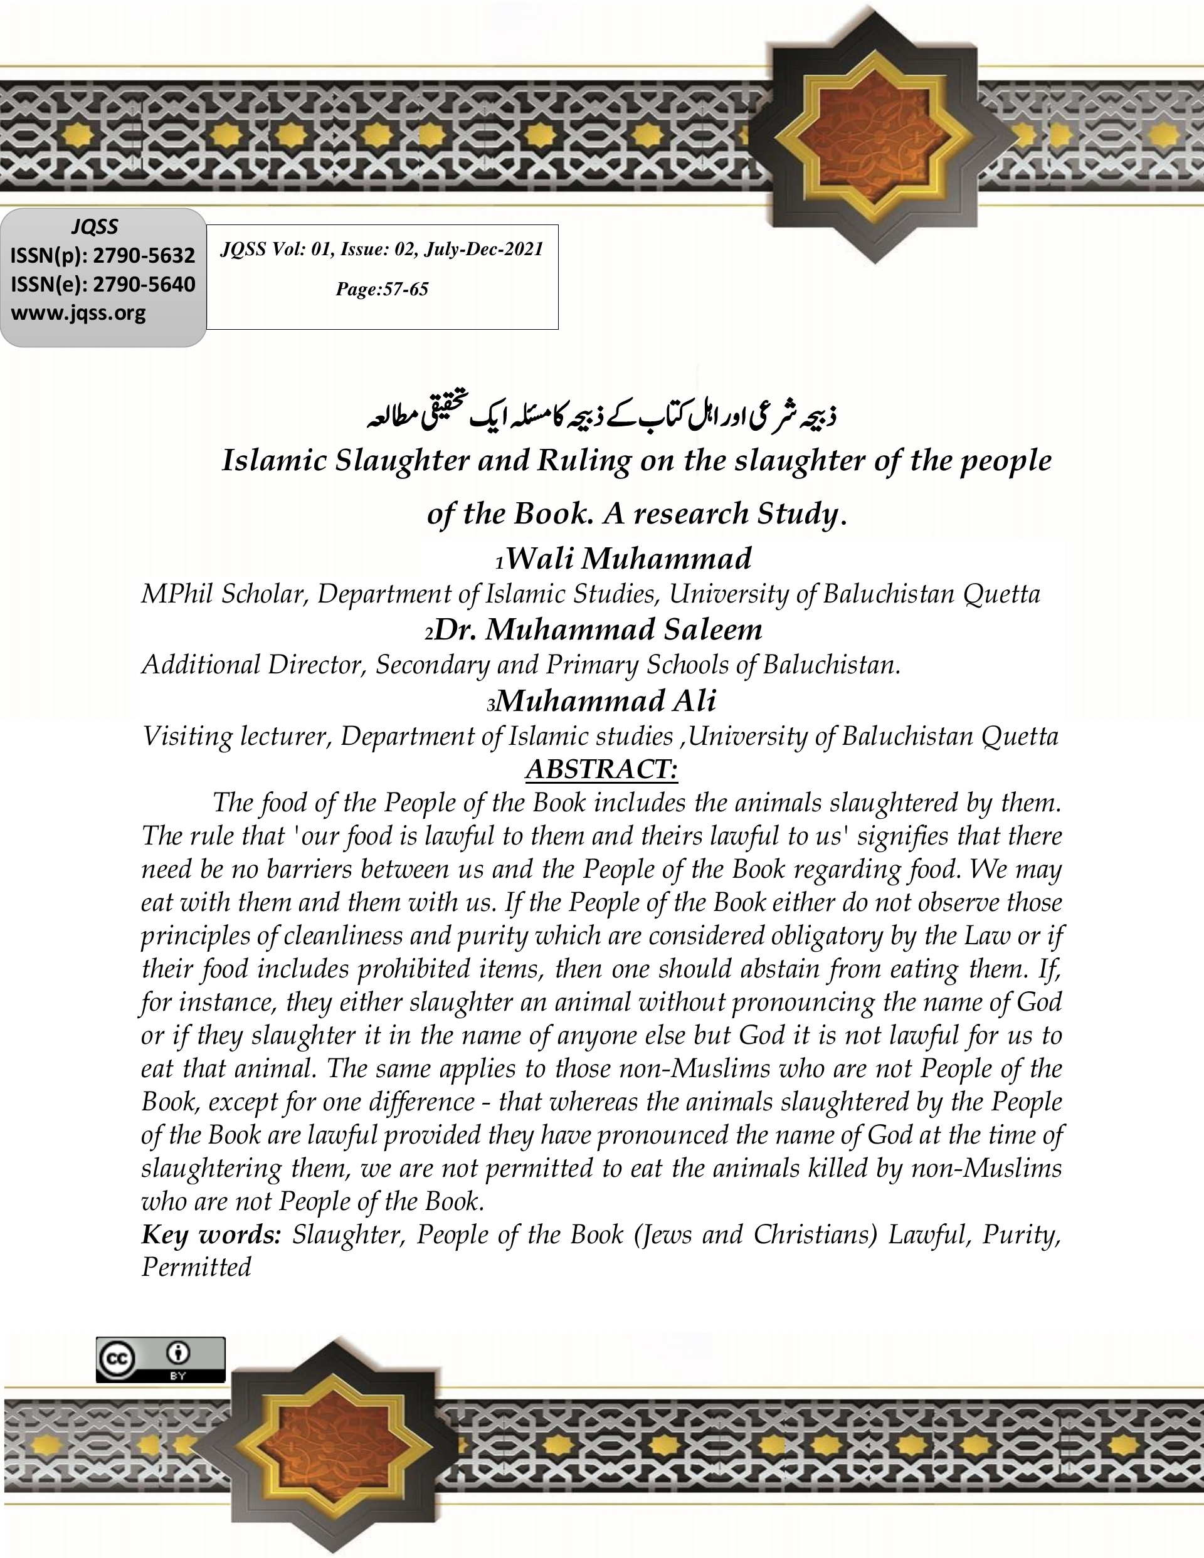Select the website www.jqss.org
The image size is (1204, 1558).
(78, 313)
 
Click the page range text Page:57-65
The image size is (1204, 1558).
(382, 289)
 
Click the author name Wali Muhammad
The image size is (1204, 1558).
(628, 559)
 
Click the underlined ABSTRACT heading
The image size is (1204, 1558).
(601, 769)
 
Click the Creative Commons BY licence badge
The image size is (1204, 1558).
(161, 1360)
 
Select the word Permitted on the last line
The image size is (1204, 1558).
(196, 1268)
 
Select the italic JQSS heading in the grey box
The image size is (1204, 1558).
(94, 227)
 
